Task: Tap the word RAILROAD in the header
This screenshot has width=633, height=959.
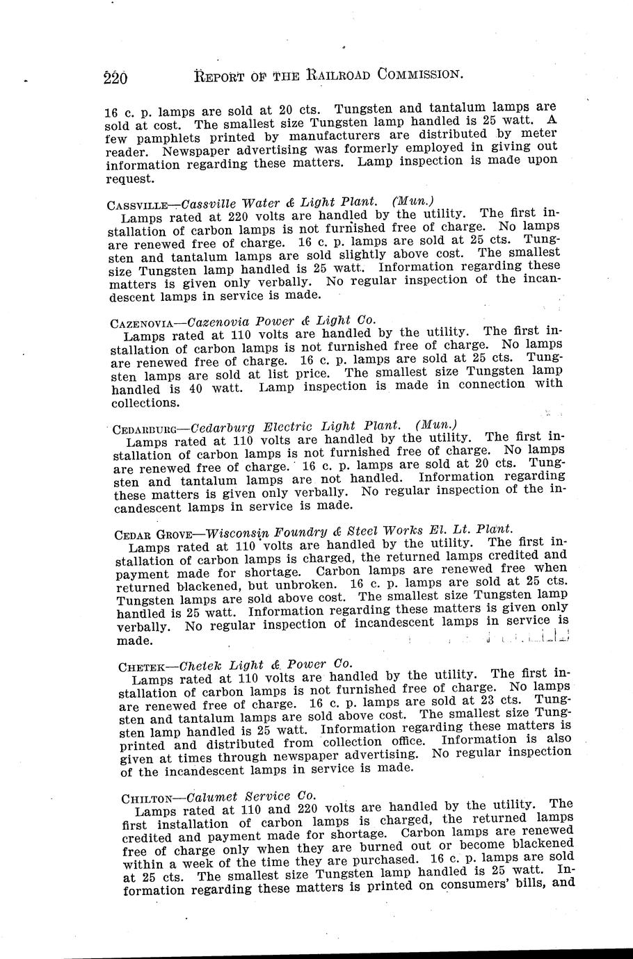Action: pos(336,74)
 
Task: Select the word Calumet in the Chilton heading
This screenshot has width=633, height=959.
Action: pos(214,796)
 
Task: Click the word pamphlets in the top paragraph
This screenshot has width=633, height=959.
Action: pos(170,137)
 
